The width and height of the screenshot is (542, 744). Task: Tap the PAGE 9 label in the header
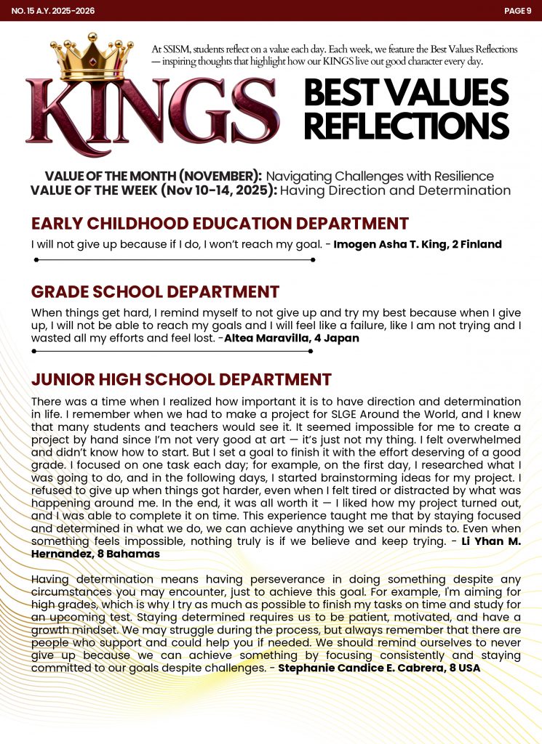click(x=517, y=11)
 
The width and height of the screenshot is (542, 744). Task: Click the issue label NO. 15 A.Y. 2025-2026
click(x=53, y=11)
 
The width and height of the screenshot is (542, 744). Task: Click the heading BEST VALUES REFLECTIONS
click(x=405, y=110)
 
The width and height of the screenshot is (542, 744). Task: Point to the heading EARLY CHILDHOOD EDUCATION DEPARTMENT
click(x=220, y=224)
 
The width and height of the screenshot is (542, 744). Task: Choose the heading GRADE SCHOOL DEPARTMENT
click(x=155, y=292)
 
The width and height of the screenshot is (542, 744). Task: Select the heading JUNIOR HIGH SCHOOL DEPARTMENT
click(x=181, y=379)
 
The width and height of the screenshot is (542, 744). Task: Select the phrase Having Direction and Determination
click(x=395, y=191)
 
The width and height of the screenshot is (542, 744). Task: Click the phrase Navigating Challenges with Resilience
click(x=380, y=177)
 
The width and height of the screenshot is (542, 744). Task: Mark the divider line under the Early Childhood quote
click(x=174, y=259)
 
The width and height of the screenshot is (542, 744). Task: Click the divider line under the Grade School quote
click(x=172, y=351)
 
